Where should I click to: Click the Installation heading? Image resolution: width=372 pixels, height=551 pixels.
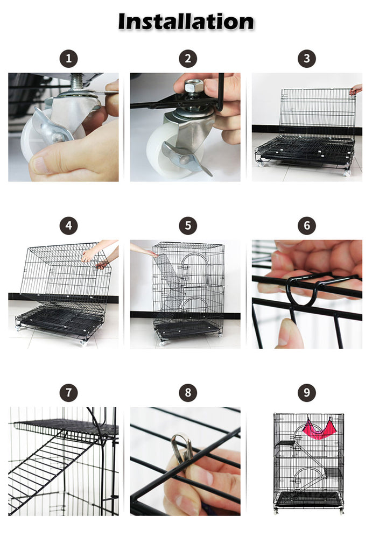186,22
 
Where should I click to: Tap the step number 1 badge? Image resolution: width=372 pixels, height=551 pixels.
68,59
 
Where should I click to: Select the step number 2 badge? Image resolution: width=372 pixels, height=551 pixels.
188,59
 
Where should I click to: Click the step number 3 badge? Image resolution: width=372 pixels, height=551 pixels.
307,59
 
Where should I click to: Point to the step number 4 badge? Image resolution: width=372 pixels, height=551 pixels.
68,225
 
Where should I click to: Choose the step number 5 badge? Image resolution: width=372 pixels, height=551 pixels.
188,225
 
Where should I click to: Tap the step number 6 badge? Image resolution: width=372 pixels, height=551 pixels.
307,225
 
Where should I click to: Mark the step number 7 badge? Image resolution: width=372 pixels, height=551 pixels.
68,392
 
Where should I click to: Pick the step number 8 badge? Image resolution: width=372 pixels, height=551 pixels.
188,392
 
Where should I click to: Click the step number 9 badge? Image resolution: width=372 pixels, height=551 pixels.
307,392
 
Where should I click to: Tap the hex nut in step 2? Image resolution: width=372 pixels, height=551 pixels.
194,86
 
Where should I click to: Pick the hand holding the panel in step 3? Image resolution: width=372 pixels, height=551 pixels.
356,89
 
